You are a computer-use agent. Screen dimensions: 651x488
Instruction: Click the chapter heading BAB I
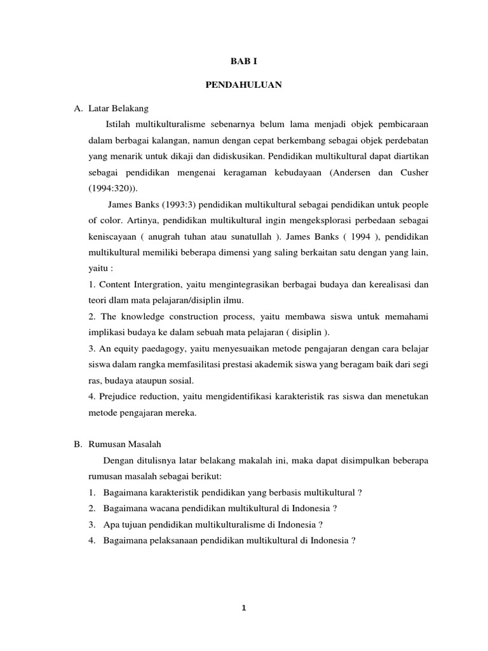(243, 61)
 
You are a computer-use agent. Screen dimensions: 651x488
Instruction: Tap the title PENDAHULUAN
(243, 85)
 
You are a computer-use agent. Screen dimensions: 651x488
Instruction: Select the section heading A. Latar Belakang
(111, 108)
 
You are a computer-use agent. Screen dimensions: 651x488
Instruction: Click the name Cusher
(414, 172)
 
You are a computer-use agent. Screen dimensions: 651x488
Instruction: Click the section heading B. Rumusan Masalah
(118, 444)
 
